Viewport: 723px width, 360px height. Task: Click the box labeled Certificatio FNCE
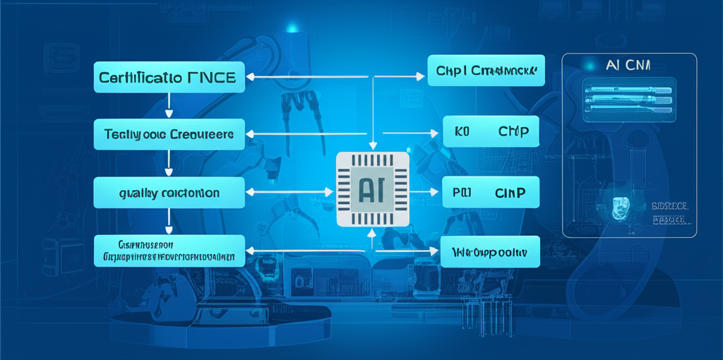point(169,76)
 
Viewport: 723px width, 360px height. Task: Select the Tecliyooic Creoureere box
point(169,134)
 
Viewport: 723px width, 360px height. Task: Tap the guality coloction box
point(169,192)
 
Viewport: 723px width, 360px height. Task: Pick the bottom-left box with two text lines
point(169,251)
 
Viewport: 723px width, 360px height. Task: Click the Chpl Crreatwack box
point(486,71)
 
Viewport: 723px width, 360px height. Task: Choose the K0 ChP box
point(491,132)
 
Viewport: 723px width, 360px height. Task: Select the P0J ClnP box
point(491,191)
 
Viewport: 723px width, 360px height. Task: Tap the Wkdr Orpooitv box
point(489,251)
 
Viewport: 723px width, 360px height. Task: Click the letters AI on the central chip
point(372,190)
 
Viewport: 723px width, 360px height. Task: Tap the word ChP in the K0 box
point(513,132)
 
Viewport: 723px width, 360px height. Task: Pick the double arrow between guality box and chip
point(289,191)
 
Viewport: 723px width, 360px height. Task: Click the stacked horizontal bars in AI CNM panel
point(627,97)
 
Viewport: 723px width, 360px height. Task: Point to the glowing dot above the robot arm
point(292,29)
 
